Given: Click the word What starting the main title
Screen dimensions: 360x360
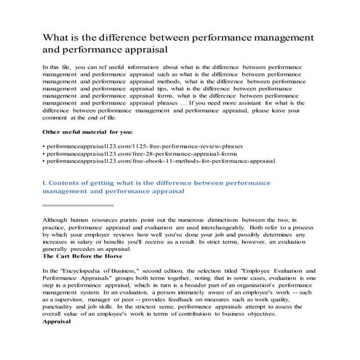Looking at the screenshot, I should tap(57, 37).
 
